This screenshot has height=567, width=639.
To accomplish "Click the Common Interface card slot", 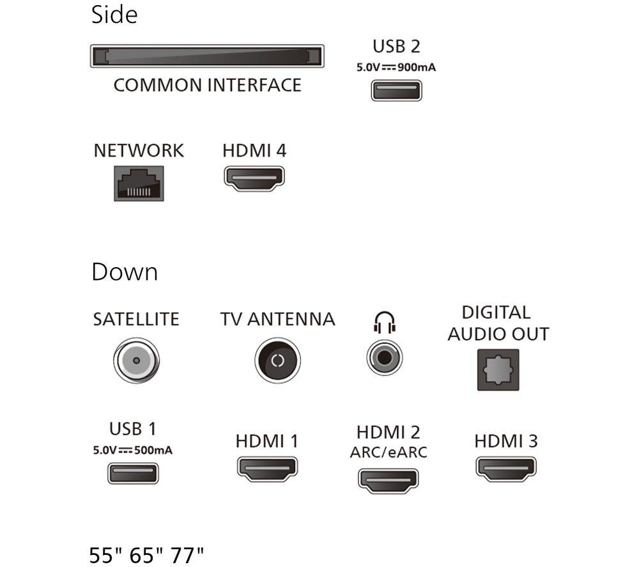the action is coord(207,56).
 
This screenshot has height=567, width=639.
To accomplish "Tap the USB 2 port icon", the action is coord(397,91).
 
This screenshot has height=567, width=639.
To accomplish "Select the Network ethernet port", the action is coord(139,183).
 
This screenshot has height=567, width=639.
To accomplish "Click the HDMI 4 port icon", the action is coord(254,178).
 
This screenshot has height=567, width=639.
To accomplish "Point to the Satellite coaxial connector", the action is coord(137,361).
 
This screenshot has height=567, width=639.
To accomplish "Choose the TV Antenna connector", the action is coord(277,361).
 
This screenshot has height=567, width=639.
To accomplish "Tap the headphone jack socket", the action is coord(385,357).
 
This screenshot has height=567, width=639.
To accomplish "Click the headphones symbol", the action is coord(385,322).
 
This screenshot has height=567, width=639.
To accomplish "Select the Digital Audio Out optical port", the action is coord(498,369).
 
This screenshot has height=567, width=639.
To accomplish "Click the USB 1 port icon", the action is coord(133,473).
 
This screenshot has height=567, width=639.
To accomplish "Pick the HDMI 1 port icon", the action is coord(267,469).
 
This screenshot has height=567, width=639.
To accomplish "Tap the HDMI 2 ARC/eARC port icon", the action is coord(389,481).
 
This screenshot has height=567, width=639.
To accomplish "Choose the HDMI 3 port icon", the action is coord(506,469).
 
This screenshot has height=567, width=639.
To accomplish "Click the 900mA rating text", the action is coord(417,67).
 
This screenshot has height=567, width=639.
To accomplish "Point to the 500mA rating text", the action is coord(153,451).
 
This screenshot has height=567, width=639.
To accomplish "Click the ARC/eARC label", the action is coord(389,452).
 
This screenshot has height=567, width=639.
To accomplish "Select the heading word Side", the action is coord(114,15).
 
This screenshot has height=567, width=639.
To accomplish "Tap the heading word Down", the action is coord(125,272).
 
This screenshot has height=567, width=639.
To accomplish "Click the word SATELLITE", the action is coord(136,319).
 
